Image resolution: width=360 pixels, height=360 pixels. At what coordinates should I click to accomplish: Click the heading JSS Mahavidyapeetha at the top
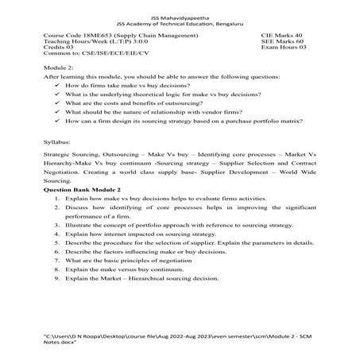(x=180, y=16)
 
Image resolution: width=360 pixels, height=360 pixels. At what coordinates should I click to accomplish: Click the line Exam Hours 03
(x=283, y=52)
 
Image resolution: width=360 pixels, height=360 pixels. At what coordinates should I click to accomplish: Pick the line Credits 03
(x=60, y=52)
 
